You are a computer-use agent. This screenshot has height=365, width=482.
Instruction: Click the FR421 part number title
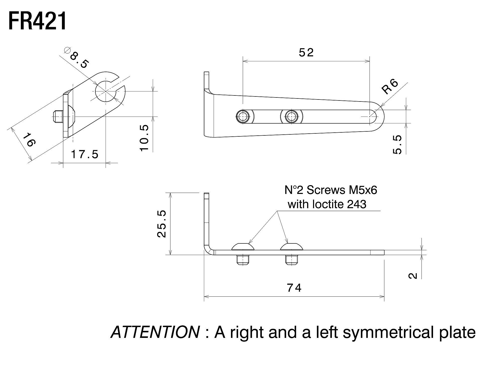click(x=38, y=21)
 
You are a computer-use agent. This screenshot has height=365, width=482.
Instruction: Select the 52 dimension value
click(x=306, y=53)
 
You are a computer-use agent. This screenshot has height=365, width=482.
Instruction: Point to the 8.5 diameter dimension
click(x=79, y=60)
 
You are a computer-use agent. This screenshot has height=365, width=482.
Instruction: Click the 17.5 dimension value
click(x=85, y=154)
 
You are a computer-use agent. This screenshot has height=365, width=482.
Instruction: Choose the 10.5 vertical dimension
click(x=145, y=138)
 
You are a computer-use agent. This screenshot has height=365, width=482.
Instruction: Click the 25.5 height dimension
click(x=162, y=224)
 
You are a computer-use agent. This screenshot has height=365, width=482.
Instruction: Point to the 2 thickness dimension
click(x=413, y=276)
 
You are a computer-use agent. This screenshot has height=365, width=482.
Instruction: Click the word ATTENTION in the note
click(x=155, y=332)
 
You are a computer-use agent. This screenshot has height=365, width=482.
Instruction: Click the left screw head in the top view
click(x=243, y=117)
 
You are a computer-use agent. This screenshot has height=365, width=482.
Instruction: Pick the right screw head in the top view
click(x=291, y=117)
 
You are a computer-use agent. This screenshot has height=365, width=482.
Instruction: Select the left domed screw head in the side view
click(x=243, y=247)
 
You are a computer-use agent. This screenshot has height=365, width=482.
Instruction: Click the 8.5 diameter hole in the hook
click(x=105, y=91)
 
